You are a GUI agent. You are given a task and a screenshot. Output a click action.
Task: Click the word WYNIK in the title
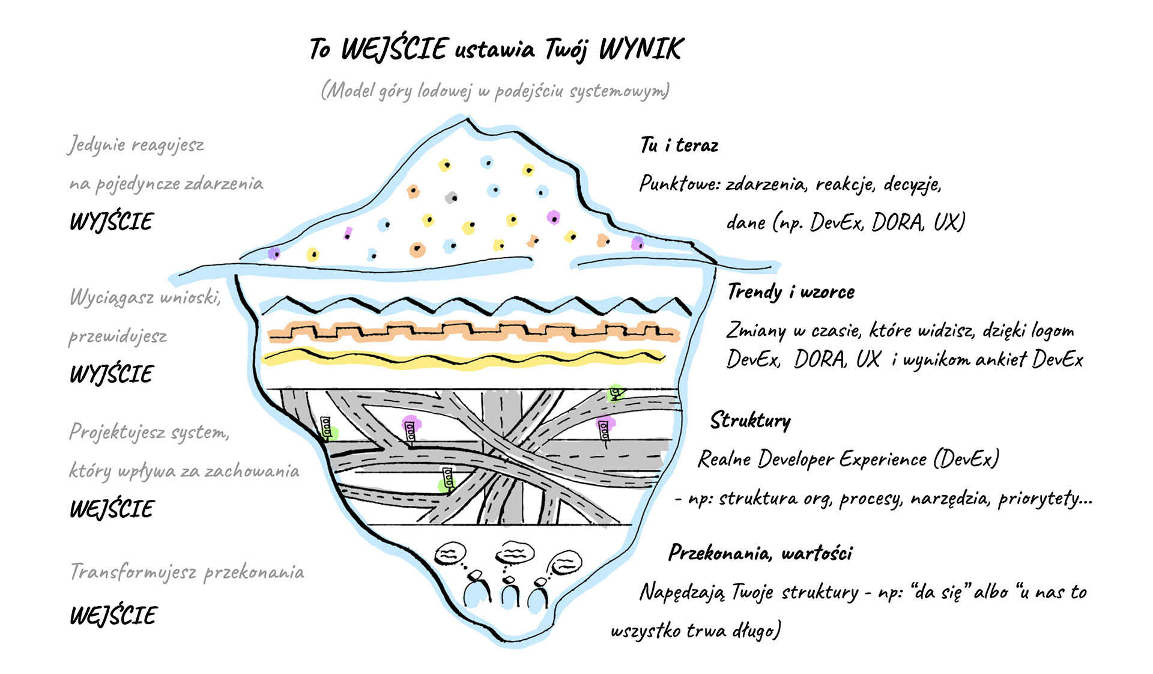(641, 49)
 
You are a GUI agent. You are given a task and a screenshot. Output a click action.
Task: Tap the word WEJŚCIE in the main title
(395, 49)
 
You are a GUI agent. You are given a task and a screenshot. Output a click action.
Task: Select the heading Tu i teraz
(679, 145)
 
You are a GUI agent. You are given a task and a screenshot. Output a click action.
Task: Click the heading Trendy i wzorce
(791, 292)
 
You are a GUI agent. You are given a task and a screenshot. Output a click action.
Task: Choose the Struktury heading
(750, 420)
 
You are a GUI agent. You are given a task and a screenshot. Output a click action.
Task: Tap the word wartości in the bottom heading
(817, 553)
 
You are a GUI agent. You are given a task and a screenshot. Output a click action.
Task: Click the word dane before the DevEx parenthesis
(746, 223)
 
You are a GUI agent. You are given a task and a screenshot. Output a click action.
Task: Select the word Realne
(724, 460)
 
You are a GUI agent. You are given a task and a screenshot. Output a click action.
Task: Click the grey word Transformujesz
(133, 571)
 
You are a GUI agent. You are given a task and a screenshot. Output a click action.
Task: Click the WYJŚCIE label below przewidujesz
(112, 374)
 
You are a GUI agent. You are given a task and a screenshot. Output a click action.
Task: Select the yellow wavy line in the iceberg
(462, 359)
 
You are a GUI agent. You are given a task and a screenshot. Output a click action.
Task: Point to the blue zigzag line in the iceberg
(474, 305)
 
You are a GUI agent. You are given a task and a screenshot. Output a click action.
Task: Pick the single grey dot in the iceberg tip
(451, 196)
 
